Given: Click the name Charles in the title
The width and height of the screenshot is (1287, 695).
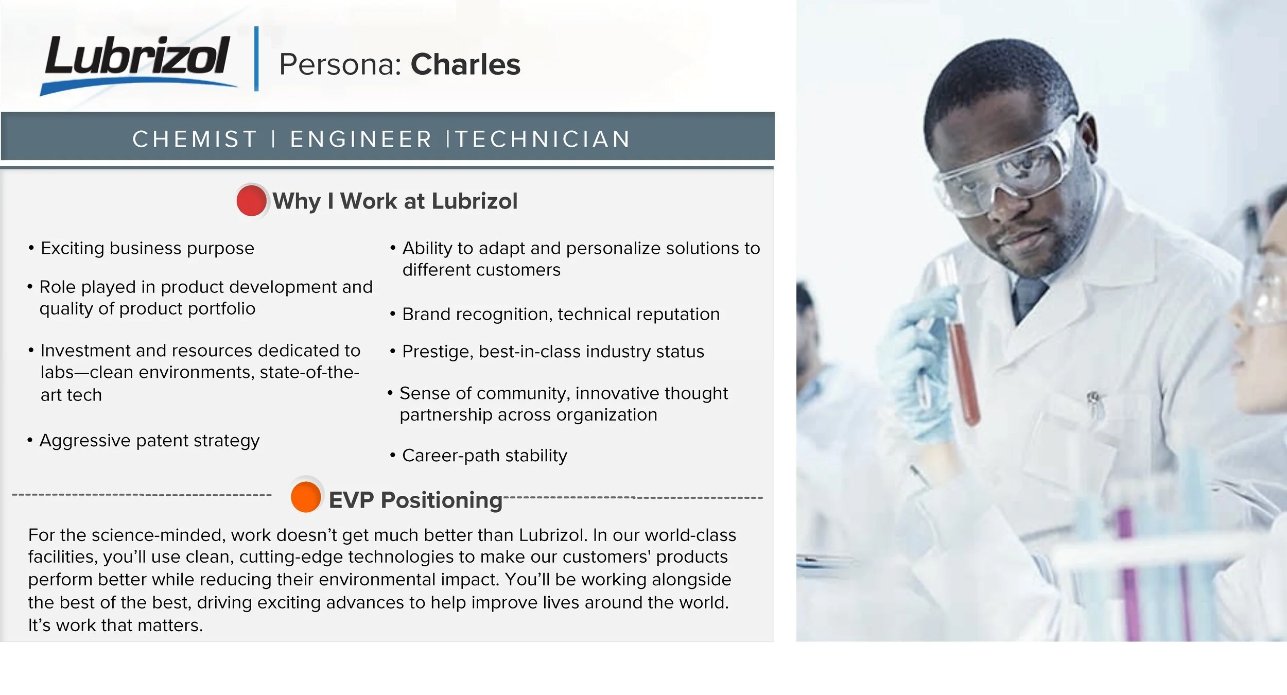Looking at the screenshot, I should tap(465, 65).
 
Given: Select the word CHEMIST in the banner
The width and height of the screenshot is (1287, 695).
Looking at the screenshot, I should tap(195, 139).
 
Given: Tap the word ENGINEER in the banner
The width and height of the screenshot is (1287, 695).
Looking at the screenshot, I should tap(361, 139).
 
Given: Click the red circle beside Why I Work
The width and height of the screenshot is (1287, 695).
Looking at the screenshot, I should tap(251, 201).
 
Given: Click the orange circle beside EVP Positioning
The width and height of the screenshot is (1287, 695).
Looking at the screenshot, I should tap(306, 497).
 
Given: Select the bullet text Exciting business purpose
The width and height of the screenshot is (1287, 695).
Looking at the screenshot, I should tap(147, 249).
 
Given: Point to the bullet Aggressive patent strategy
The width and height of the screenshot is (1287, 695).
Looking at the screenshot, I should tap(149, 441).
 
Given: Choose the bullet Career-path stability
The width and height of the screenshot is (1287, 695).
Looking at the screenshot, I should tap(484, 456).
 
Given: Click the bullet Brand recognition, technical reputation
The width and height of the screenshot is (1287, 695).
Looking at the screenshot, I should tap(561, 314).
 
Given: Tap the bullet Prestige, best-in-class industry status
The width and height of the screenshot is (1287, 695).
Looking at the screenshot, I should tap(553, 352).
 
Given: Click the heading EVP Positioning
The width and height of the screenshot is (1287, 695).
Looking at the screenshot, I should tap(415, 500).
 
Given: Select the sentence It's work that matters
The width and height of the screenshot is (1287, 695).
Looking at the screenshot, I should tap(115, 625).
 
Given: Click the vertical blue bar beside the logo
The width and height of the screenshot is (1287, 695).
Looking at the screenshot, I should tap(256, 59).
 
